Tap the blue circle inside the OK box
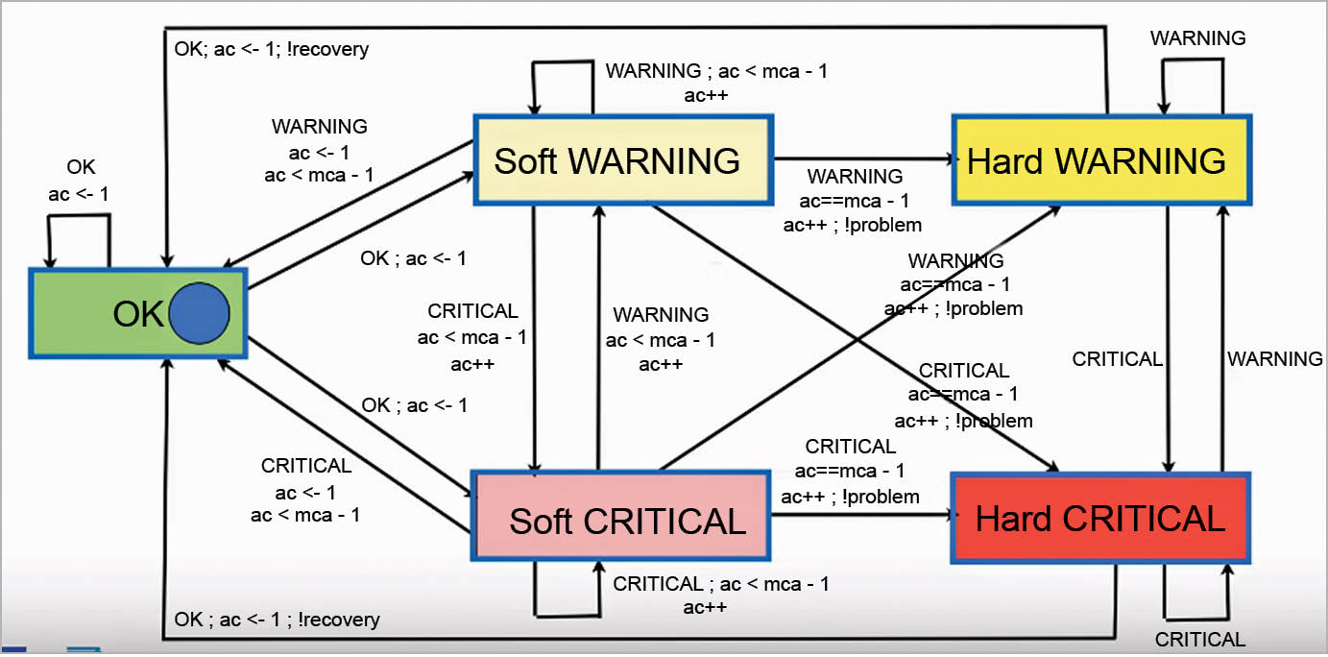[199, 314]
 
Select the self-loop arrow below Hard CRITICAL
[1196, 616]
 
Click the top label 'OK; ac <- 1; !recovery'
[272, 48]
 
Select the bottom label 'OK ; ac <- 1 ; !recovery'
[278, 620]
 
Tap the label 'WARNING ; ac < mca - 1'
[716, 71]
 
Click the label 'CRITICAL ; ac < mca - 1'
[721, 584]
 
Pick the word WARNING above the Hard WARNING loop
[1198, 38]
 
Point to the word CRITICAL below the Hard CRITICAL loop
[1199, 640]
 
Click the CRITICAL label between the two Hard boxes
[1117, 359]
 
